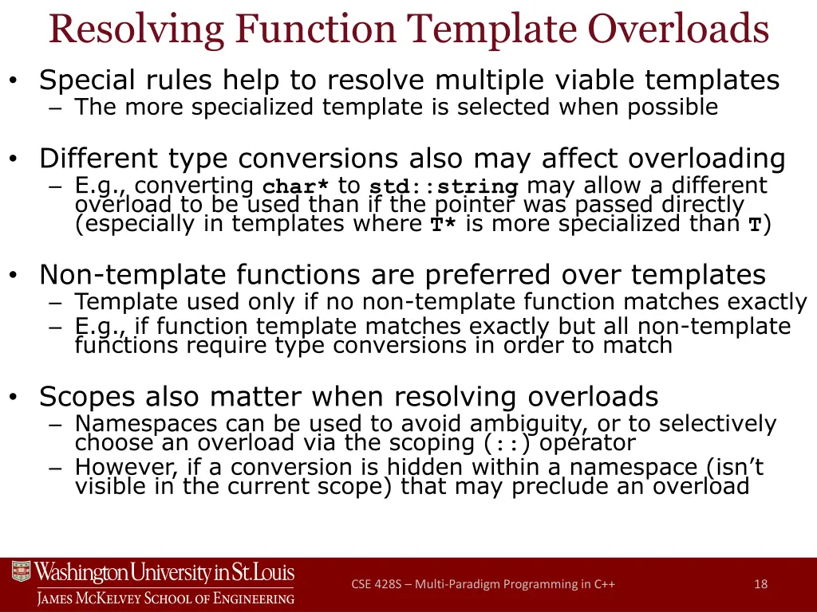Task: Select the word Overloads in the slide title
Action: coord(678,30)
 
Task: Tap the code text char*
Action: coord(296,187)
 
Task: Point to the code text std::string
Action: coord(444,187)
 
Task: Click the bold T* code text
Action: coord(444,225)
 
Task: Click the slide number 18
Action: coord(760,584)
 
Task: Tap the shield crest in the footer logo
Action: coord(21,573)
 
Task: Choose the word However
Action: coord(115,467)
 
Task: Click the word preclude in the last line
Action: coord(562,486)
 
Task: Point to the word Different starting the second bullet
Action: coord(89,159)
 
